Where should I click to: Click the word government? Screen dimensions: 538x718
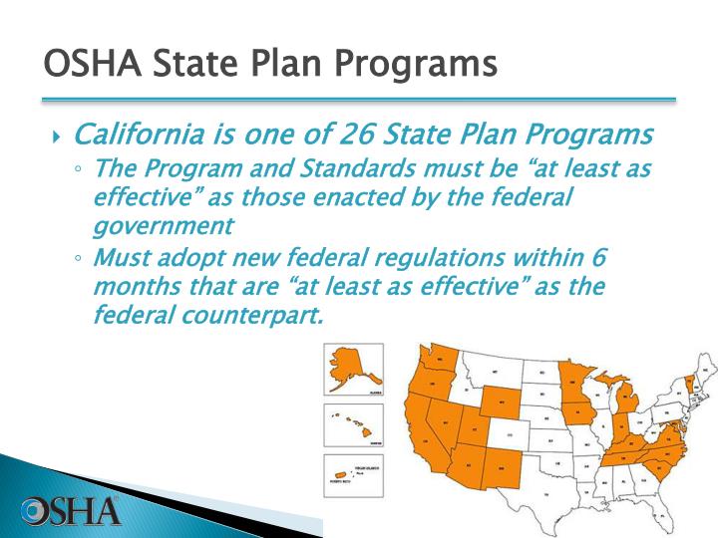[163, 225]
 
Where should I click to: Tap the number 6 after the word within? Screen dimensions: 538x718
[598, 257]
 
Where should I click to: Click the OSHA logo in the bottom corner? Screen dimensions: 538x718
[70, 510]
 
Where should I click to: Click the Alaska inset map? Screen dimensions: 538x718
[352, 368]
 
